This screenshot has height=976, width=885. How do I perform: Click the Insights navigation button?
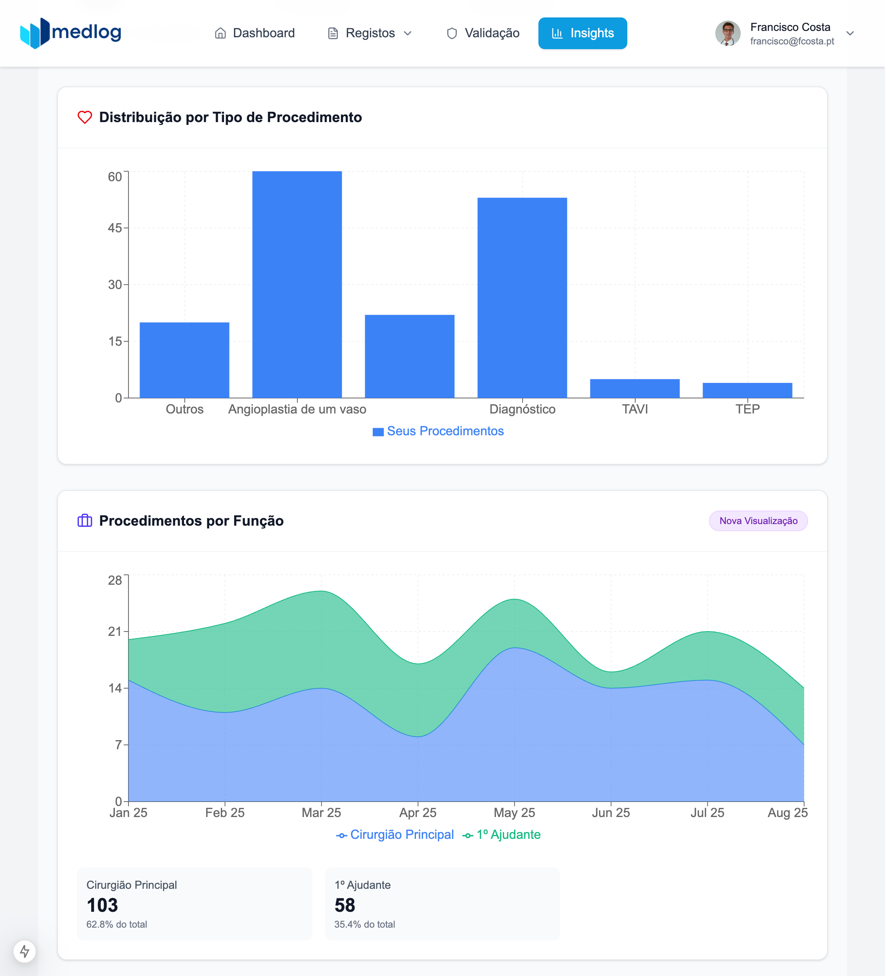point(582,33)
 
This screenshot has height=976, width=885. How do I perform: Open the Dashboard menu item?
point(255,33)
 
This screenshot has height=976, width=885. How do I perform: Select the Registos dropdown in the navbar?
point(370,33)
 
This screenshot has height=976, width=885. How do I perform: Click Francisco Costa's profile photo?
point(727,33)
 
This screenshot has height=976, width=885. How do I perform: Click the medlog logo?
point(71,33)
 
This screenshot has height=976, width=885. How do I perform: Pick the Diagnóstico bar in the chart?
point(522,298)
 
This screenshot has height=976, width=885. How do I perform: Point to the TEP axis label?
point(747,410)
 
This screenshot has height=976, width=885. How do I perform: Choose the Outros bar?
point(184,360)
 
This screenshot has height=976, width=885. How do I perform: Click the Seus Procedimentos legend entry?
point(438,431)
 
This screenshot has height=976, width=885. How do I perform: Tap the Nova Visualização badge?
point(758,521)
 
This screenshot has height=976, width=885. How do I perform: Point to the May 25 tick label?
point(514,813)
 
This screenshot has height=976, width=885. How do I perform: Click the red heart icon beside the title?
point(85,117)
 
